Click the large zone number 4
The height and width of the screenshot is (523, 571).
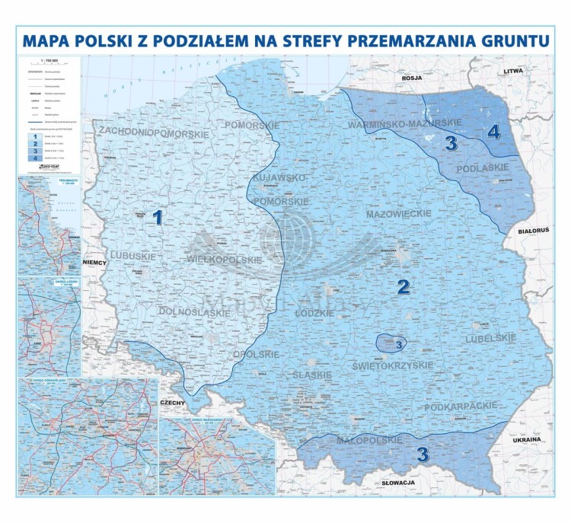tap(493, 132)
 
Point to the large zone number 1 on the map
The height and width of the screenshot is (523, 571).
tap(158, 218)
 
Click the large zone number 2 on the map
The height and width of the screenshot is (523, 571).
tap(404, 287)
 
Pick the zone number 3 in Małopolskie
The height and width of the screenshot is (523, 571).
tap(423, 454)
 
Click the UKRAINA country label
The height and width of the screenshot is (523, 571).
tap(526, 440)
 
